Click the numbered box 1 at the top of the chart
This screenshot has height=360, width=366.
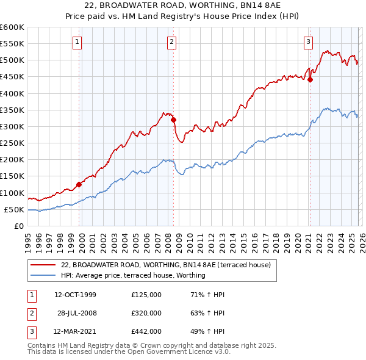[78, 42]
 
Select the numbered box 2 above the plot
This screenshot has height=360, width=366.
[171, 42]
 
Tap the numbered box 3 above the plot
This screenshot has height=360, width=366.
[309, 42]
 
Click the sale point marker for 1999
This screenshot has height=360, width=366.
[79, 184]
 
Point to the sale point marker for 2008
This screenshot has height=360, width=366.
[174, 120]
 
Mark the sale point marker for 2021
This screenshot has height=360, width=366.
[310, 79]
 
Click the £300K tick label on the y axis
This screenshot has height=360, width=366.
[12, 126]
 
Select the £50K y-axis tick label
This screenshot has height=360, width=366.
[15, 209]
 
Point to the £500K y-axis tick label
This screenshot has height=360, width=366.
[12, 60]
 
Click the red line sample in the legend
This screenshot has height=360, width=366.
[43, 265]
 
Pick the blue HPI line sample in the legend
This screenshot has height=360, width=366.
[43, 275]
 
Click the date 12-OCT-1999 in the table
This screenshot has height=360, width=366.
[75, 295]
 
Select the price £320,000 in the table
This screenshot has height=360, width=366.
[146, 313]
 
